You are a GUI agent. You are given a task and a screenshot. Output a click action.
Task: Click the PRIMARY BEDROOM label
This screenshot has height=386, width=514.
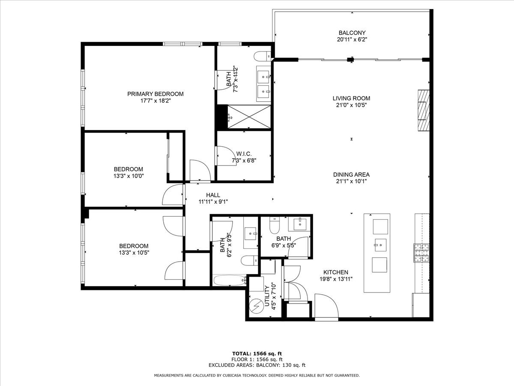coord(155,94)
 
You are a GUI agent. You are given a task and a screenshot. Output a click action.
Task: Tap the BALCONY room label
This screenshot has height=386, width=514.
coord(352,33)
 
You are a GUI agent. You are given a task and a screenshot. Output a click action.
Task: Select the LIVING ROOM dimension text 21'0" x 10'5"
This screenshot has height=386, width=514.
coord(351,105)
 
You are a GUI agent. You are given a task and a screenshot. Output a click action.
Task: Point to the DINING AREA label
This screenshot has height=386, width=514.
coord(351,175)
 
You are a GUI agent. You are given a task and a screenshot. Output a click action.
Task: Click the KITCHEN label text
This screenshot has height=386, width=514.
coord(336,272)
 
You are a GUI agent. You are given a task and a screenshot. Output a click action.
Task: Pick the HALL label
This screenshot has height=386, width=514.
coord(213,195)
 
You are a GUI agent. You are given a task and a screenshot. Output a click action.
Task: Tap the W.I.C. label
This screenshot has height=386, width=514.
coord(244,154)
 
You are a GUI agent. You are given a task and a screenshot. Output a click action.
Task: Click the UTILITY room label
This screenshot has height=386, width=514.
coord(267,296)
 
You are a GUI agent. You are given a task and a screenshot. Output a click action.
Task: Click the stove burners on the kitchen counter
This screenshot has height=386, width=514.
coord(421,253)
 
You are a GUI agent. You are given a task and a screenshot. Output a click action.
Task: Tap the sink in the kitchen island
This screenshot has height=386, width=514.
coord(380,245)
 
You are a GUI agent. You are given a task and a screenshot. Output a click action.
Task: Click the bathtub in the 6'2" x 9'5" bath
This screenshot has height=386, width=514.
coord(230,280)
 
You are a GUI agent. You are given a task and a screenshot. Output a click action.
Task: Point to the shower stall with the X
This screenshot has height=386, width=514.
coord(249,117)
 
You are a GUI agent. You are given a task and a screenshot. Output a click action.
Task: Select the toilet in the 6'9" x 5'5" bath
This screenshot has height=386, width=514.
coord(275,225)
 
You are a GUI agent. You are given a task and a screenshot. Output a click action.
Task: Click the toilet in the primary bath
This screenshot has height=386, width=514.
coord(262,56)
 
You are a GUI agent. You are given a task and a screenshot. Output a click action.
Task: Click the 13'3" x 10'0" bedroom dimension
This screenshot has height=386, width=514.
coord(128,176)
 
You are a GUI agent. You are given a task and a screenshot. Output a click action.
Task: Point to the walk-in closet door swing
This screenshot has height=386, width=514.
coord(227,156)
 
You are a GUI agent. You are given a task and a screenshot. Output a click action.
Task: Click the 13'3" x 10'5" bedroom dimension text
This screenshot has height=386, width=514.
coord(134,253)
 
